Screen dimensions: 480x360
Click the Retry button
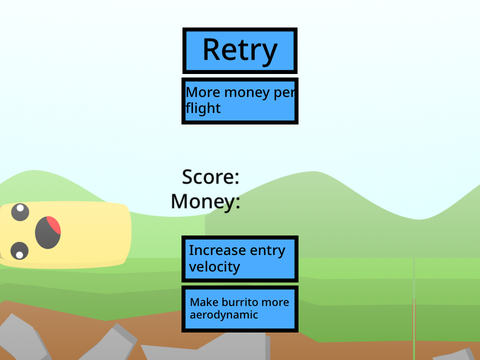pos(240,51)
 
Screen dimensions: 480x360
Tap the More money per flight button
pos(240,101)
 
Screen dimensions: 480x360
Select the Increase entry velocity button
pos(240,259)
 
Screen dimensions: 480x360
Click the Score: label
pos(211,177)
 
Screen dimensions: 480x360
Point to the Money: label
pos(205,202)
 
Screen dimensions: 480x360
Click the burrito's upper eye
pos(20,212)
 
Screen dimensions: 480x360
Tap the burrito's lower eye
pos(19,251)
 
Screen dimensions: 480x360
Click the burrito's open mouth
pos(48,232)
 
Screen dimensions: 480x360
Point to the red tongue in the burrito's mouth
pos(54,224)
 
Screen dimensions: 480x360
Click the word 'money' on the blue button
pos(247,93)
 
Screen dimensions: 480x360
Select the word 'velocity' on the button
pos(214,267)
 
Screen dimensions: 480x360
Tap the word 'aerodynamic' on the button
pos(224,315)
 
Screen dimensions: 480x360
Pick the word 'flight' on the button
pos(203,109)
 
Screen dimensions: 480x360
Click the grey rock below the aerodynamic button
pos(207,348)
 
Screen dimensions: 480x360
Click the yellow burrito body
pos(90,235)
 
